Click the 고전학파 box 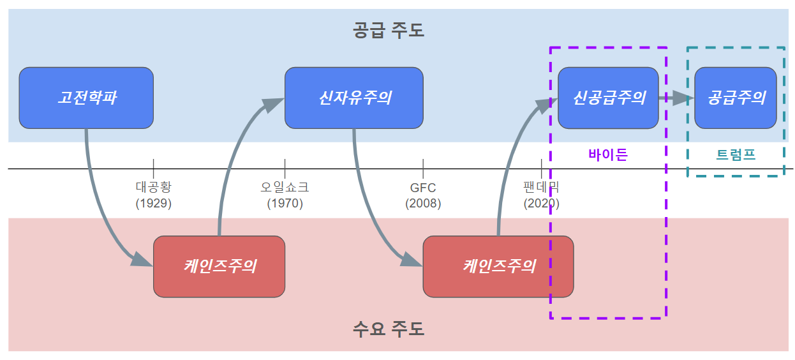pos(86,98)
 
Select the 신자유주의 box pos(354,98)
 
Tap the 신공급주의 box pos(608,98)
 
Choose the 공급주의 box pos(735,98)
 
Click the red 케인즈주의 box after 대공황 pos(219,266)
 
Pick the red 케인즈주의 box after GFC pos(498,266)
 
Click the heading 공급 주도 pos(388,30)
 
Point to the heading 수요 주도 pos(388,329)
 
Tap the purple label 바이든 pos(607,154)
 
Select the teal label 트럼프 pos(736,154)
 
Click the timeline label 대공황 pos(154,188)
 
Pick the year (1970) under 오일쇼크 pos(285,204)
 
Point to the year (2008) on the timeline pos(423,204)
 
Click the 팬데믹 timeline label pos(541,188)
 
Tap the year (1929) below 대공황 pos(154,204)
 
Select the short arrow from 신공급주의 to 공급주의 pos(676,98)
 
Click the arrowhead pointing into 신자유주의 pos(274,105)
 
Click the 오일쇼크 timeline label pos(285,188)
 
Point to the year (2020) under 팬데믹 pos(541,204)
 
